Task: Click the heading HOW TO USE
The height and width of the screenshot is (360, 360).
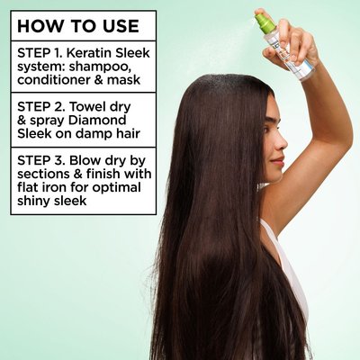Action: click(78, 26)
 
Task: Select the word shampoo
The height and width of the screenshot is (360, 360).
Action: click(99, 67)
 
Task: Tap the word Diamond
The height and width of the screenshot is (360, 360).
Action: click(97, 120)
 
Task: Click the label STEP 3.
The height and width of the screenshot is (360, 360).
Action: click(40, 160)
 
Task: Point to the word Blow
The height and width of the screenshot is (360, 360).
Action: click(85, 160)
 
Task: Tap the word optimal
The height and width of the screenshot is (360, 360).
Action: click(116, 188)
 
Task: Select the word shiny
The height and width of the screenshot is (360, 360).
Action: click(33, 202)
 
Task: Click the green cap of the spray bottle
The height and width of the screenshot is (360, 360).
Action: click(265, 23)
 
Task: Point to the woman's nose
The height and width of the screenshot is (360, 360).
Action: click(283, 144)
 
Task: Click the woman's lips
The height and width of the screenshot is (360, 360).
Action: click(280, 160)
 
